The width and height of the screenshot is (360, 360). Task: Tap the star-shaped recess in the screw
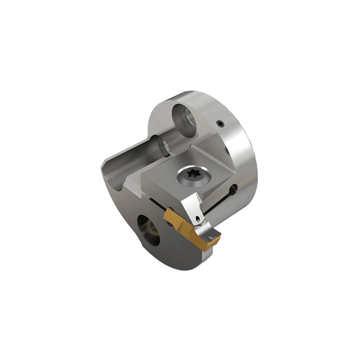(x=192, y=176)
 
